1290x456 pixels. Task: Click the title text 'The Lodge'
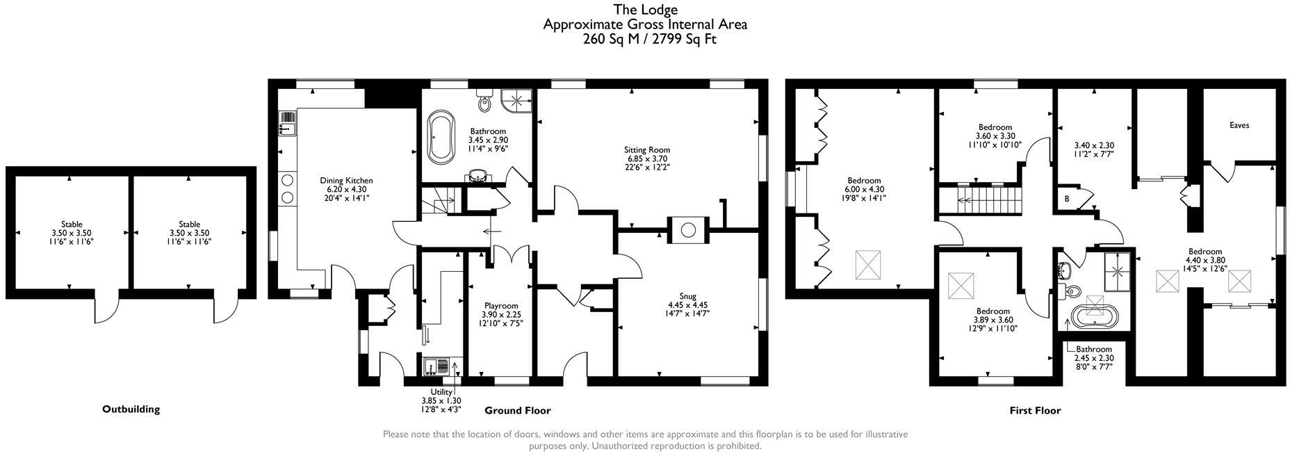tap(644, 10)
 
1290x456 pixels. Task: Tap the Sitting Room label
tap(646, 149)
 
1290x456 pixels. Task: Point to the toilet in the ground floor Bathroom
tap(484, 102)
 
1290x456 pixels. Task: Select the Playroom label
tap(501, 306)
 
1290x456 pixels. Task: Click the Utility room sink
tap(436, 364)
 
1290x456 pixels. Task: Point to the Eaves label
tap(1239, 126)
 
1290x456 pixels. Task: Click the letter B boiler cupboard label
tap(1067, 199)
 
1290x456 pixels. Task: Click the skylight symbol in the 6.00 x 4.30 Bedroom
tap(867, 264)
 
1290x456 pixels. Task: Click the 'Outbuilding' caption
tap(131, 409)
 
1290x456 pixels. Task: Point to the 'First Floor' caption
tap(1035, 411)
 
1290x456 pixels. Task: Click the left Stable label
tap(72, 225)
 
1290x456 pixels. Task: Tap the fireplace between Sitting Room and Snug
tap(688, 229)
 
